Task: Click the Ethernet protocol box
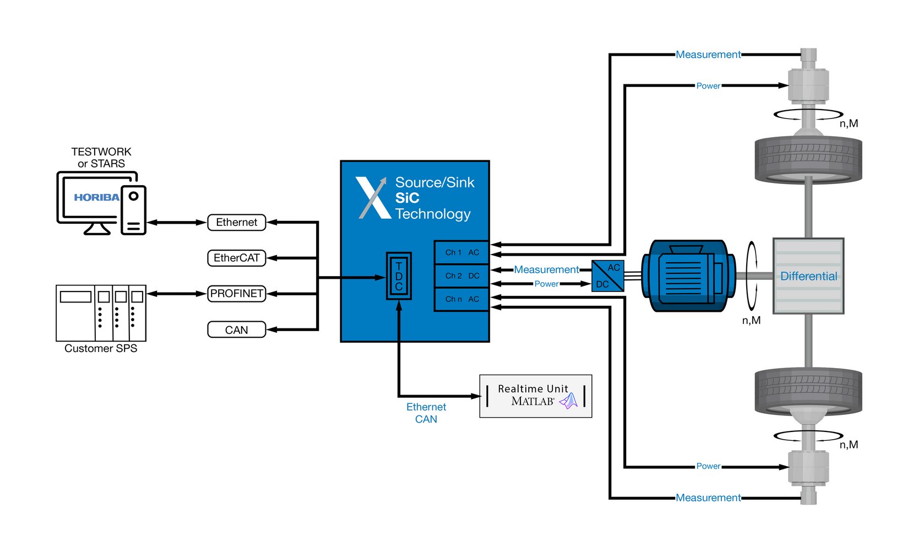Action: point(236,222)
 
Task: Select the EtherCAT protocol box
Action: point(236,258)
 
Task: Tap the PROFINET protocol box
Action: point(236,294)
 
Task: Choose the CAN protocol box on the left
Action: point(236,330)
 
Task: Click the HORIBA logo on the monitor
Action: point(96,197)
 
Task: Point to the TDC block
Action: point(399,276)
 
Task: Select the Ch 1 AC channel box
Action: point(461,252)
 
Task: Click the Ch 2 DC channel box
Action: point(461,276)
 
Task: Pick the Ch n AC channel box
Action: point(461,299)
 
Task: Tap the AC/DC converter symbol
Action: point(608,276)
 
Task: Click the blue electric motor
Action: point(688,275)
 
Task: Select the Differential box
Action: point(808,276)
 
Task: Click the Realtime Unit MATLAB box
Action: point(535,396)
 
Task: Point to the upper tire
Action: point(808,159)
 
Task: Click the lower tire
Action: point(808,391)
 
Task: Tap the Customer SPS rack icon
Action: point(101,313)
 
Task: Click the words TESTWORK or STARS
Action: point(101,158)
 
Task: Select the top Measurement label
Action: point(708,55)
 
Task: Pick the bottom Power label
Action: point(708,466)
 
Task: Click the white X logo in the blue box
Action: point(373,198)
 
